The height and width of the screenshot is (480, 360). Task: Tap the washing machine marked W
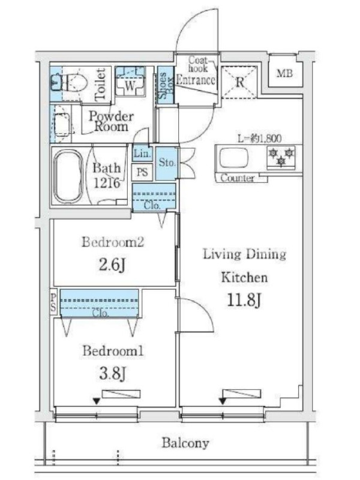[x=130, y=81]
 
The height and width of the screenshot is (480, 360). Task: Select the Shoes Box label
[x=166, y=85]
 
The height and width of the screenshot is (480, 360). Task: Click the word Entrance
[x=196, y=80]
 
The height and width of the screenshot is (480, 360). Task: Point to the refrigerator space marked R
[x=239, y=82]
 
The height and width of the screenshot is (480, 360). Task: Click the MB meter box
[x=284, y=73]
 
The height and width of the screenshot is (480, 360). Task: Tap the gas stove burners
[x=281, y=157]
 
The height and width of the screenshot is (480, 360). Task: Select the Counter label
[x=238, y=178]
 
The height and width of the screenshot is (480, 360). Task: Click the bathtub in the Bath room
[x=68, y=176]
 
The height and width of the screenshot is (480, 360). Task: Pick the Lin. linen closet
[x=142, y=154]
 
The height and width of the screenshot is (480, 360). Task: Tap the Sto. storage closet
[x=167, y=163]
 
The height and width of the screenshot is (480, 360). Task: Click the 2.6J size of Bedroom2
[x=112, y=265]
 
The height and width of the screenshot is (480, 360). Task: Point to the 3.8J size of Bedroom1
[x=112, y=373]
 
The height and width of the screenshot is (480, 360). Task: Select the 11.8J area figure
[x=244, y=301]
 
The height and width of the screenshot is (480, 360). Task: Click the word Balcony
[x=185, y=443]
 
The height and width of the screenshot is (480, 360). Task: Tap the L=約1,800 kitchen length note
[x=260, y=139]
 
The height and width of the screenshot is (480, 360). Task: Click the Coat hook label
[x=198, y=64]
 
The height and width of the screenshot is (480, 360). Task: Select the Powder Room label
[x=111, y=121]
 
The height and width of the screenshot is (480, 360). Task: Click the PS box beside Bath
[x=142, y=172]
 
